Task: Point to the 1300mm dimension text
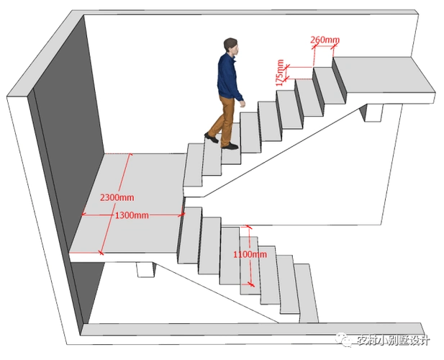coord(132,215)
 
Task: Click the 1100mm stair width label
coord(250,253)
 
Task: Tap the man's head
coord(230,45)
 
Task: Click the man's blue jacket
coord(230,77)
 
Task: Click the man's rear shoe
coord(211,136)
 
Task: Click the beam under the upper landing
coord(374,111)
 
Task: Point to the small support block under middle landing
coord(145,269)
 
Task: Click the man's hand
coord(243,104)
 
